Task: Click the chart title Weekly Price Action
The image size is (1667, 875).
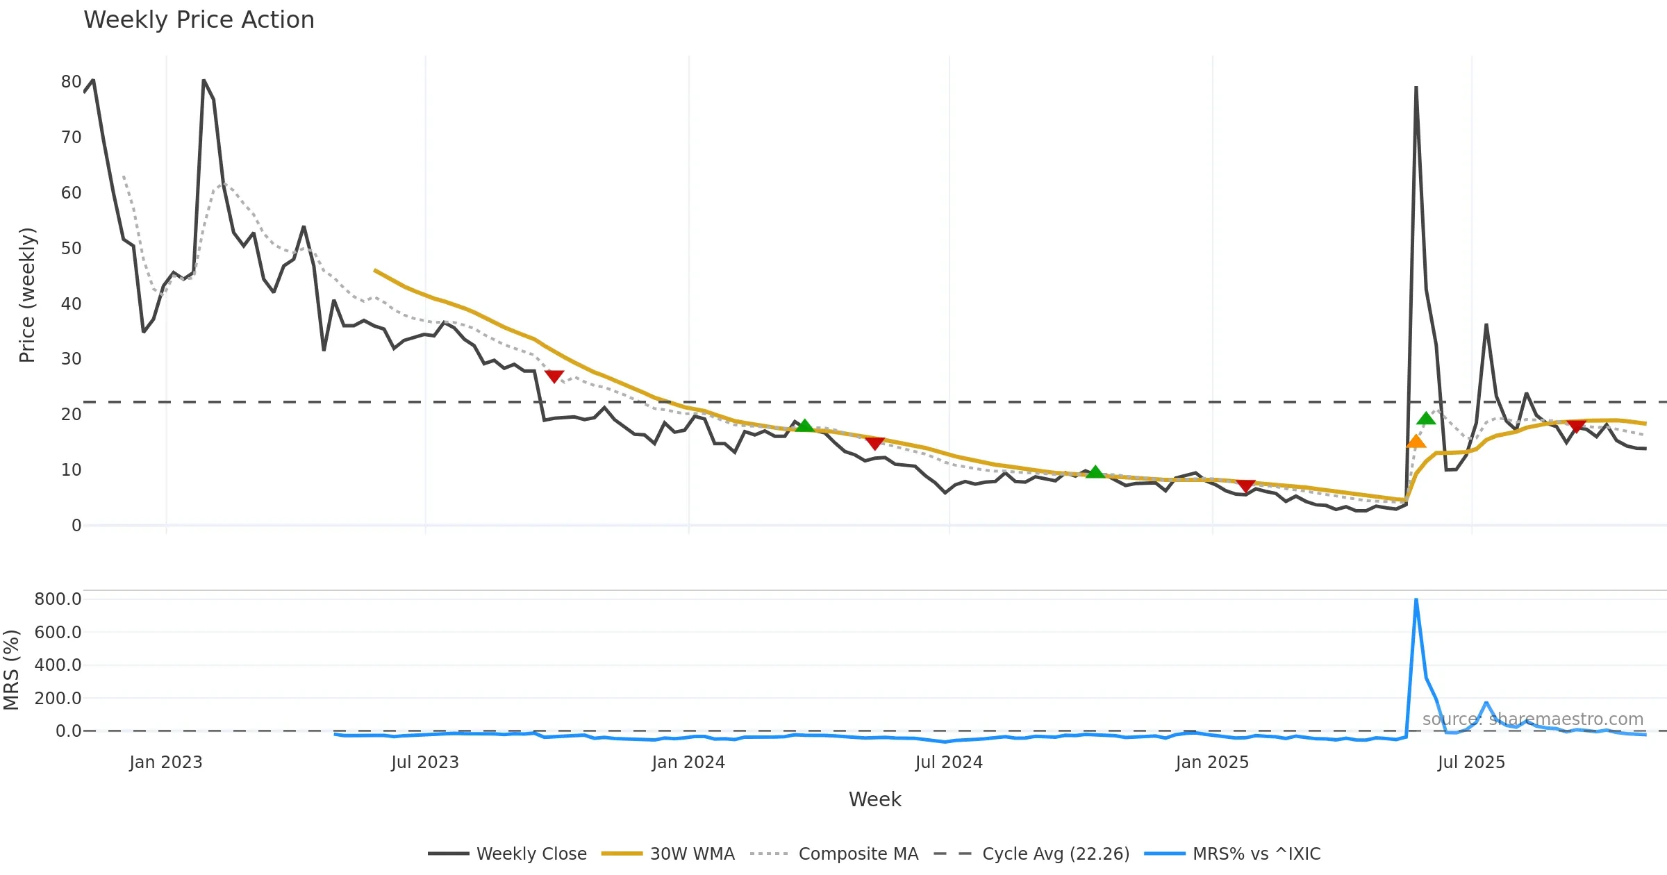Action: pos(199,20)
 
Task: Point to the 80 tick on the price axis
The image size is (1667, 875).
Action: pos(71,82)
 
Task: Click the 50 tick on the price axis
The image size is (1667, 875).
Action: pos(71,249)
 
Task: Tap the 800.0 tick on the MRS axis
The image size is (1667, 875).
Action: pos(58,599)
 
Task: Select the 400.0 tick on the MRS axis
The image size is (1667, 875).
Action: pos(58,665)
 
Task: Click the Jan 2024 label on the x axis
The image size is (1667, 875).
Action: pos(688,762)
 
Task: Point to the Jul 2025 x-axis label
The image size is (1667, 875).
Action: pos(1471,762)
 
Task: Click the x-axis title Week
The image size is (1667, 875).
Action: pos(874,799)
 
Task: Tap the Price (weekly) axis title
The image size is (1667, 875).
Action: pos(27,295)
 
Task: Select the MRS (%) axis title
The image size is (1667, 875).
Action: pos(11,670)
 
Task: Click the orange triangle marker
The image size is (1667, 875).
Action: pos(1416,442)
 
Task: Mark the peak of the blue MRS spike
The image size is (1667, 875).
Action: pos(1416,599)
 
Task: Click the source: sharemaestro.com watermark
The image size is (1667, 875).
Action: pos(1532,719)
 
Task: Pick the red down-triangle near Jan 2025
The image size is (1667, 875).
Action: pos(1245,485)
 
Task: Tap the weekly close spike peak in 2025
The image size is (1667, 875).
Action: pos(1416,87)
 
